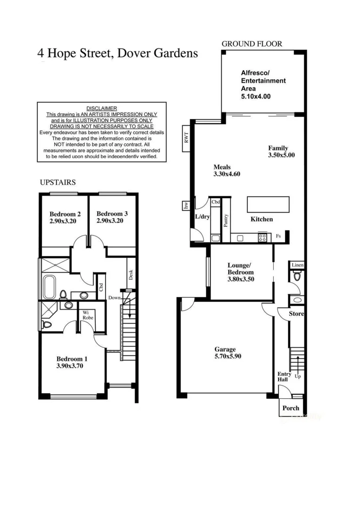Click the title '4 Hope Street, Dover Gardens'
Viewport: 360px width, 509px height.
117,53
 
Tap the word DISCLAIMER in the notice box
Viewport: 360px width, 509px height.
101,108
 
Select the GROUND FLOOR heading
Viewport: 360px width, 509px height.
252,44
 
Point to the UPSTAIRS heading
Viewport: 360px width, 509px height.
57,182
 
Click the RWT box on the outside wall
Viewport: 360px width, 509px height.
186,139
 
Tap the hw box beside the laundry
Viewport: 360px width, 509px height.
186,205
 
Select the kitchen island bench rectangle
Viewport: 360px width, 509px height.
268,205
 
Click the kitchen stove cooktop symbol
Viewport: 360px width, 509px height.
262,238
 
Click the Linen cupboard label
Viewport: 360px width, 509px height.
297,266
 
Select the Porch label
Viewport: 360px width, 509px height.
290,408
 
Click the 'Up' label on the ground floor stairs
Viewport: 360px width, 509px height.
297,377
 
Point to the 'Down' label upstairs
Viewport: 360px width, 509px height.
114,298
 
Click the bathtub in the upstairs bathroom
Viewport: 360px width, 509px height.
49,285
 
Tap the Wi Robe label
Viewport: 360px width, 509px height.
88,315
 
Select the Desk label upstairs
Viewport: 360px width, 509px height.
131,274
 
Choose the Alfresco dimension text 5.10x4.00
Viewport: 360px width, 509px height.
255,96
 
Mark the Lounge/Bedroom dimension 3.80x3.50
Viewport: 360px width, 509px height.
241,279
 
